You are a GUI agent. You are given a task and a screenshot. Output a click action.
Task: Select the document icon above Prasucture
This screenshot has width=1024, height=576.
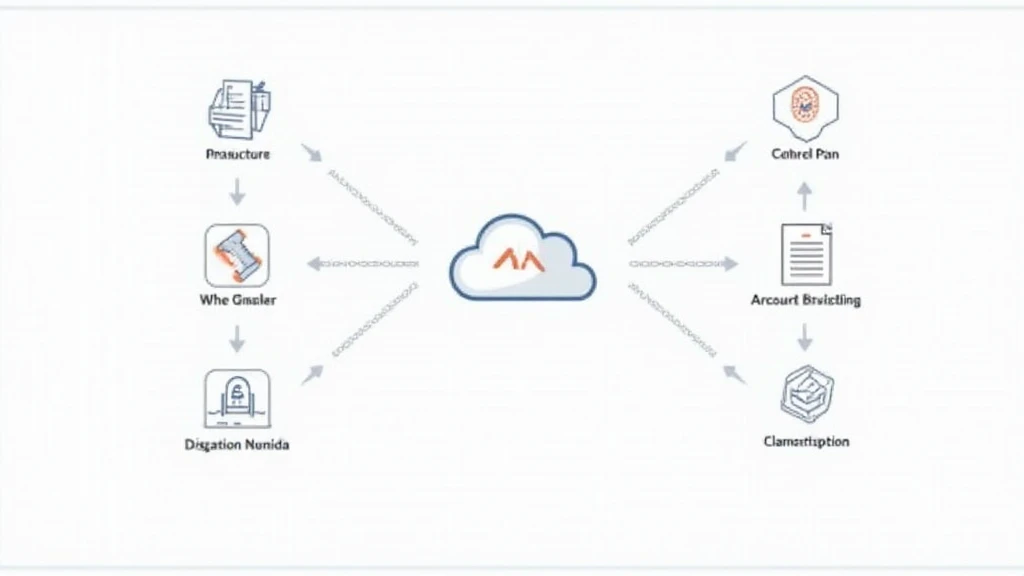(237, 107)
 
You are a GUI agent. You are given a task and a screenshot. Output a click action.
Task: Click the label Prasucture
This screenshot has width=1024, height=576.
(237, 155)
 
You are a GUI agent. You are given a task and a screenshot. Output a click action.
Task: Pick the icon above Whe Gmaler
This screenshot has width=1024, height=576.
(237, 254)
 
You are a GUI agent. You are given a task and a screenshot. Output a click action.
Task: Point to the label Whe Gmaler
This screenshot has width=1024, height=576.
(239, 299)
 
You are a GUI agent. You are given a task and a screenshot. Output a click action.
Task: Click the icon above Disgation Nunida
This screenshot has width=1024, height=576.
(237, 398)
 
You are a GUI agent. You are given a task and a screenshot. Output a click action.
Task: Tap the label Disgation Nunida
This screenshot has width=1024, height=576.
(237, 444)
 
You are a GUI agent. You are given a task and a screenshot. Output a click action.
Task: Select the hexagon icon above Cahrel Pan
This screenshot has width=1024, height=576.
(805, 107)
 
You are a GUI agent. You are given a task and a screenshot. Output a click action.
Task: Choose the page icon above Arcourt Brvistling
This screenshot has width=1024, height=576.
(805, 254)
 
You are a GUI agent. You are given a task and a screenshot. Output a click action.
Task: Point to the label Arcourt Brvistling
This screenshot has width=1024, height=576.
(805, 300)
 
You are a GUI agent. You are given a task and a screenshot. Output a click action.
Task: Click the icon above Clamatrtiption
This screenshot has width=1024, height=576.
(805, 392)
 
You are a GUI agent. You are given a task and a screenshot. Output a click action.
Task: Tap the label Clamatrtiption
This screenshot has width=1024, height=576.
(806, 441)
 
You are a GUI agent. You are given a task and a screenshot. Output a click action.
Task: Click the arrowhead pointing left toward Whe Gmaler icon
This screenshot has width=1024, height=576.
(314, 264)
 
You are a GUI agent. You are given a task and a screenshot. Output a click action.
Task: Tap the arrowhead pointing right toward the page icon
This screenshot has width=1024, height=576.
(730, 264)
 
